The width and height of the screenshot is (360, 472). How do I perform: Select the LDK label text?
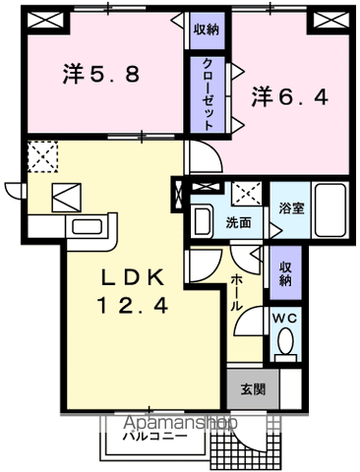128,276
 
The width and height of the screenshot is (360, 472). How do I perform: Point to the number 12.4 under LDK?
131,305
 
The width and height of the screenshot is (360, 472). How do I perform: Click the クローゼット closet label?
209,89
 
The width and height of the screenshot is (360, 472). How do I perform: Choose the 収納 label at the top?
207,29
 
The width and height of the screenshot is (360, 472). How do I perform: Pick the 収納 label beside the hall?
285,272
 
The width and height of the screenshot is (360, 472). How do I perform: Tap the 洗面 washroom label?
238,222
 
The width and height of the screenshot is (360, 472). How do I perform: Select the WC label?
284,317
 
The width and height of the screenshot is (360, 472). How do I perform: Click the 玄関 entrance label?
252,389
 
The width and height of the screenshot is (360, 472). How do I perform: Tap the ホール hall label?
238,293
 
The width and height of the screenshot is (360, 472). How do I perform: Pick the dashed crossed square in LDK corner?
43,156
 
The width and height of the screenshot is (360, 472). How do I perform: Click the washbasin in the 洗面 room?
202,220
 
